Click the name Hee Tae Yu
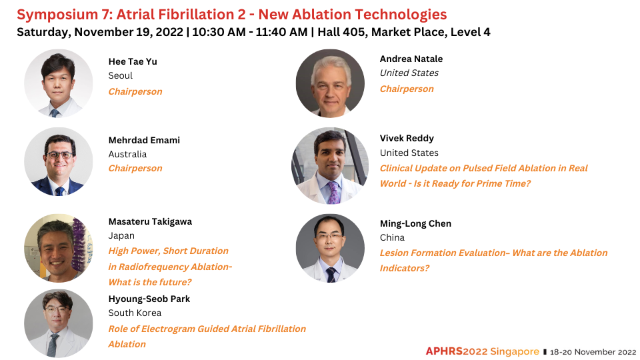click(133, 61)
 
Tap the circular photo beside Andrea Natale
click(330, 83)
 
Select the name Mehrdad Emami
click(144, 141)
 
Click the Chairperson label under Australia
click(135, 168)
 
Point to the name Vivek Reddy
click(407, 139)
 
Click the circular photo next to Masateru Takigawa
click(59, 248)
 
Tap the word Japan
click(121, 236)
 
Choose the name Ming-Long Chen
click(415, 224)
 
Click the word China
click(392, 237)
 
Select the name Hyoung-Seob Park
click(149, 299)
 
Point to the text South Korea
click(135, 313)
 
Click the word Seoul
click(121, 76)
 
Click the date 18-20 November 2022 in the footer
click(593, 352)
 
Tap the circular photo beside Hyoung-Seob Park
click(59, 324)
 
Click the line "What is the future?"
click(150, 282)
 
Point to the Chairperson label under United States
click(407, 89)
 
